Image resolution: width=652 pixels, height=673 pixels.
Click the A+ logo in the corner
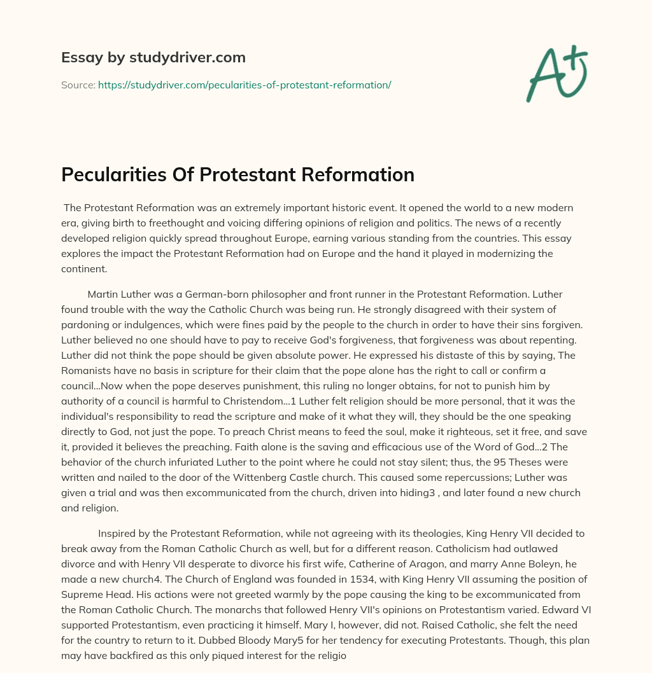click(x=556, y=73)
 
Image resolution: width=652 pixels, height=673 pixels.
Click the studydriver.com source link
click(x=244, y=85)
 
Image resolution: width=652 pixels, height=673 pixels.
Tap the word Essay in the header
click(x=78, y=58)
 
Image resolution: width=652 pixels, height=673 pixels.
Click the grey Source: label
click(x=78, y=85)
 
